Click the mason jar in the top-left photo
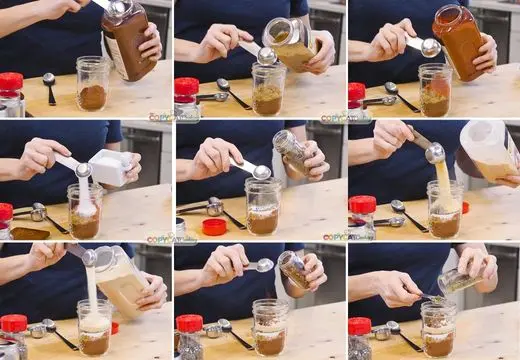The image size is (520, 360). (x=92, y=84)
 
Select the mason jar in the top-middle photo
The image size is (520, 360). (x=267, y=88)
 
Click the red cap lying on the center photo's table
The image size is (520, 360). (x=214, y=227)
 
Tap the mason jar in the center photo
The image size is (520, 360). (x=263, y=207)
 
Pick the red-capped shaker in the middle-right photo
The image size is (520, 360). (x=361, y=216)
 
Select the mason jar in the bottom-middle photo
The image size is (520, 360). (x=270, y=328)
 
